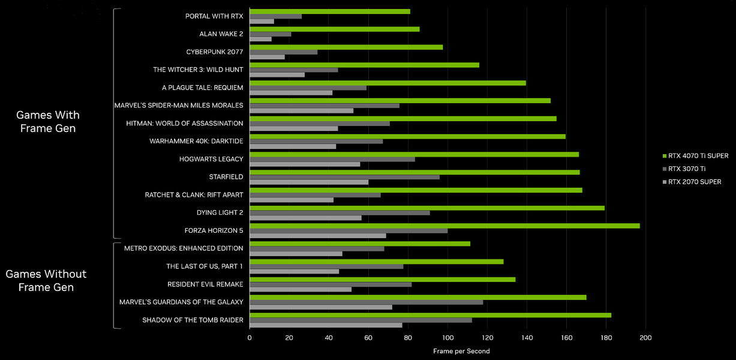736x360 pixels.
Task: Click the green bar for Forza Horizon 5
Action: [x=444, y=226]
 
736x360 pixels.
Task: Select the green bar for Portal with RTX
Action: [x=330, y=11]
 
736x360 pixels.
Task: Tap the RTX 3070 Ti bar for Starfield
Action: [x=344, y=177]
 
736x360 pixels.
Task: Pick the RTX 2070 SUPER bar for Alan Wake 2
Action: [x=260, y=40]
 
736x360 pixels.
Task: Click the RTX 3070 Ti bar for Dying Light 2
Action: [x=340, y=212]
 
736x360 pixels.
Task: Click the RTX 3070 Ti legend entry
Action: [x=687, y=169]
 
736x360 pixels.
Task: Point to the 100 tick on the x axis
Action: [x=447, y=338]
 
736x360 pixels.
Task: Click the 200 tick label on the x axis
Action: [x=645, y=338]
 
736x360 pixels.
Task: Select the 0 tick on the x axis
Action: [x=250, y=338]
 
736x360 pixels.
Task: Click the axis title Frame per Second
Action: [x=461, y=351]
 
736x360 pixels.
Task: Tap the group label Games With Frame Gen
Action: [x=48, y=121]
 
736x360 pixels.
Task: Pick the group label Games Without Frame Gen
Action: [x=46, y=280]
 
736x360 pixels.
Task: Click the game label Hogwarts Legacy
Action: [x=211, y=159]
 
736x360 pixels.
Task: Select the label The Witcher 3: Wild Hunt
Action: [x=198, y=70]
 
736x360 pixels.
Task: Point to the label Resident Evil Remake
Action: [x=205, y=284]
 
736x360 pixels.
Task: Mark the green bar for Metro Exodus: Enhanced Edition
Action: [x=360, y=244]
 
